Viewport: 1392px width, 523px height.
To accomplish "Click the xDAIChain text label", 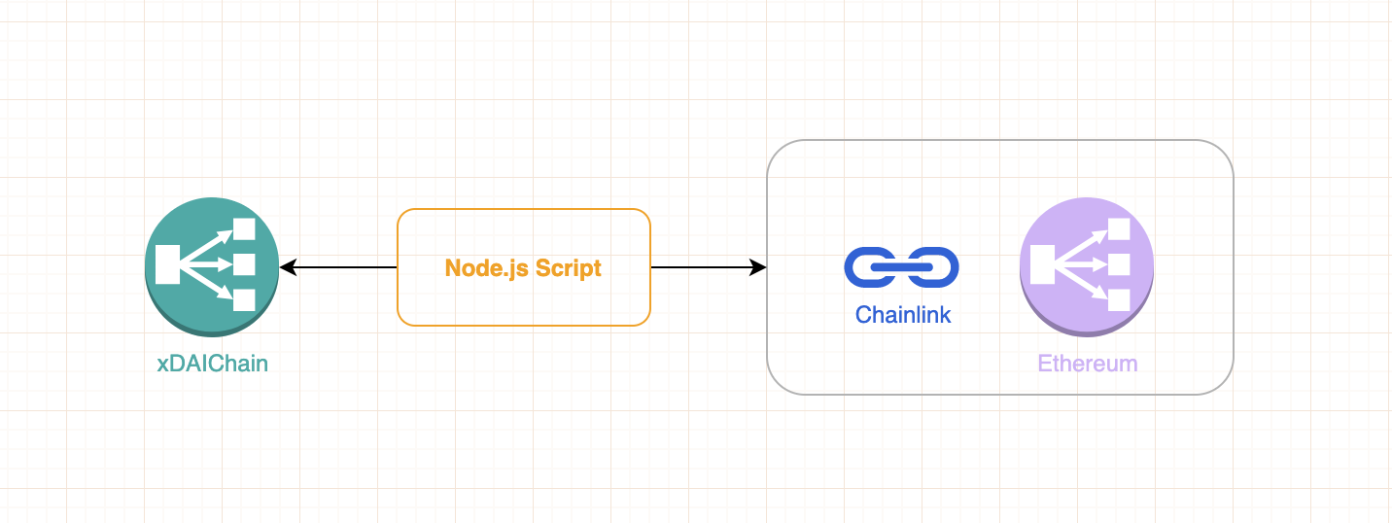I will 212,365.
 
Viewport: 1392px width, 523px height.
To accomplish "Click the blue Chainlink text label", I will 903,315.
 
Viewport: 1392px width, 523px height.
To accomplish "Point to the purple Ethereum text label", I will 1087,365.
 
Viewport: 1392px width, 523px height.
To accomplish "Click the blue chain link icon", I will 902,267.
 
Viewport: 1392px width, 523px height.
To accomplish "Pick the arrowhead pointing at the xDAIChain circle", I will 287,267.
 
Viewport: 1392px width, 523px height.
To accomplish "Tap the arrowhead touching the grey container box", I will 759,267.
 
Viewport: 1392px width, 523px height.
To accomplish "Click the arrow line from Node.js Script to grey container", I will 705,267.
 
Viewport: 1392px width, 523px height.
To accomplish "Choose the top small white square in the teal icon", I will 244,230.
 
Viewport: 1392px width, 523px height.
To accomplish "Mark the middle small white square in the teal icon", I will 244,264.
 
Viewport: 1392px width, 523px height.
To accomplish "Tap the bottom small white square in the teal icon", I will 244,299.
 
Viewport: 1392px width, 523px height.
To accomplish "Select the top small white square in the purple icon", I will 1119,230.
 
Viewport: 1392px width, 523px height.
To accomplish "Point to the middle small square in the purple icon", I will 1119,264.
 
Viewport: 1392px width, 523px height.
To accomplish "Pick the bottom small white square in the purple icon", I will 1119,299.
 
